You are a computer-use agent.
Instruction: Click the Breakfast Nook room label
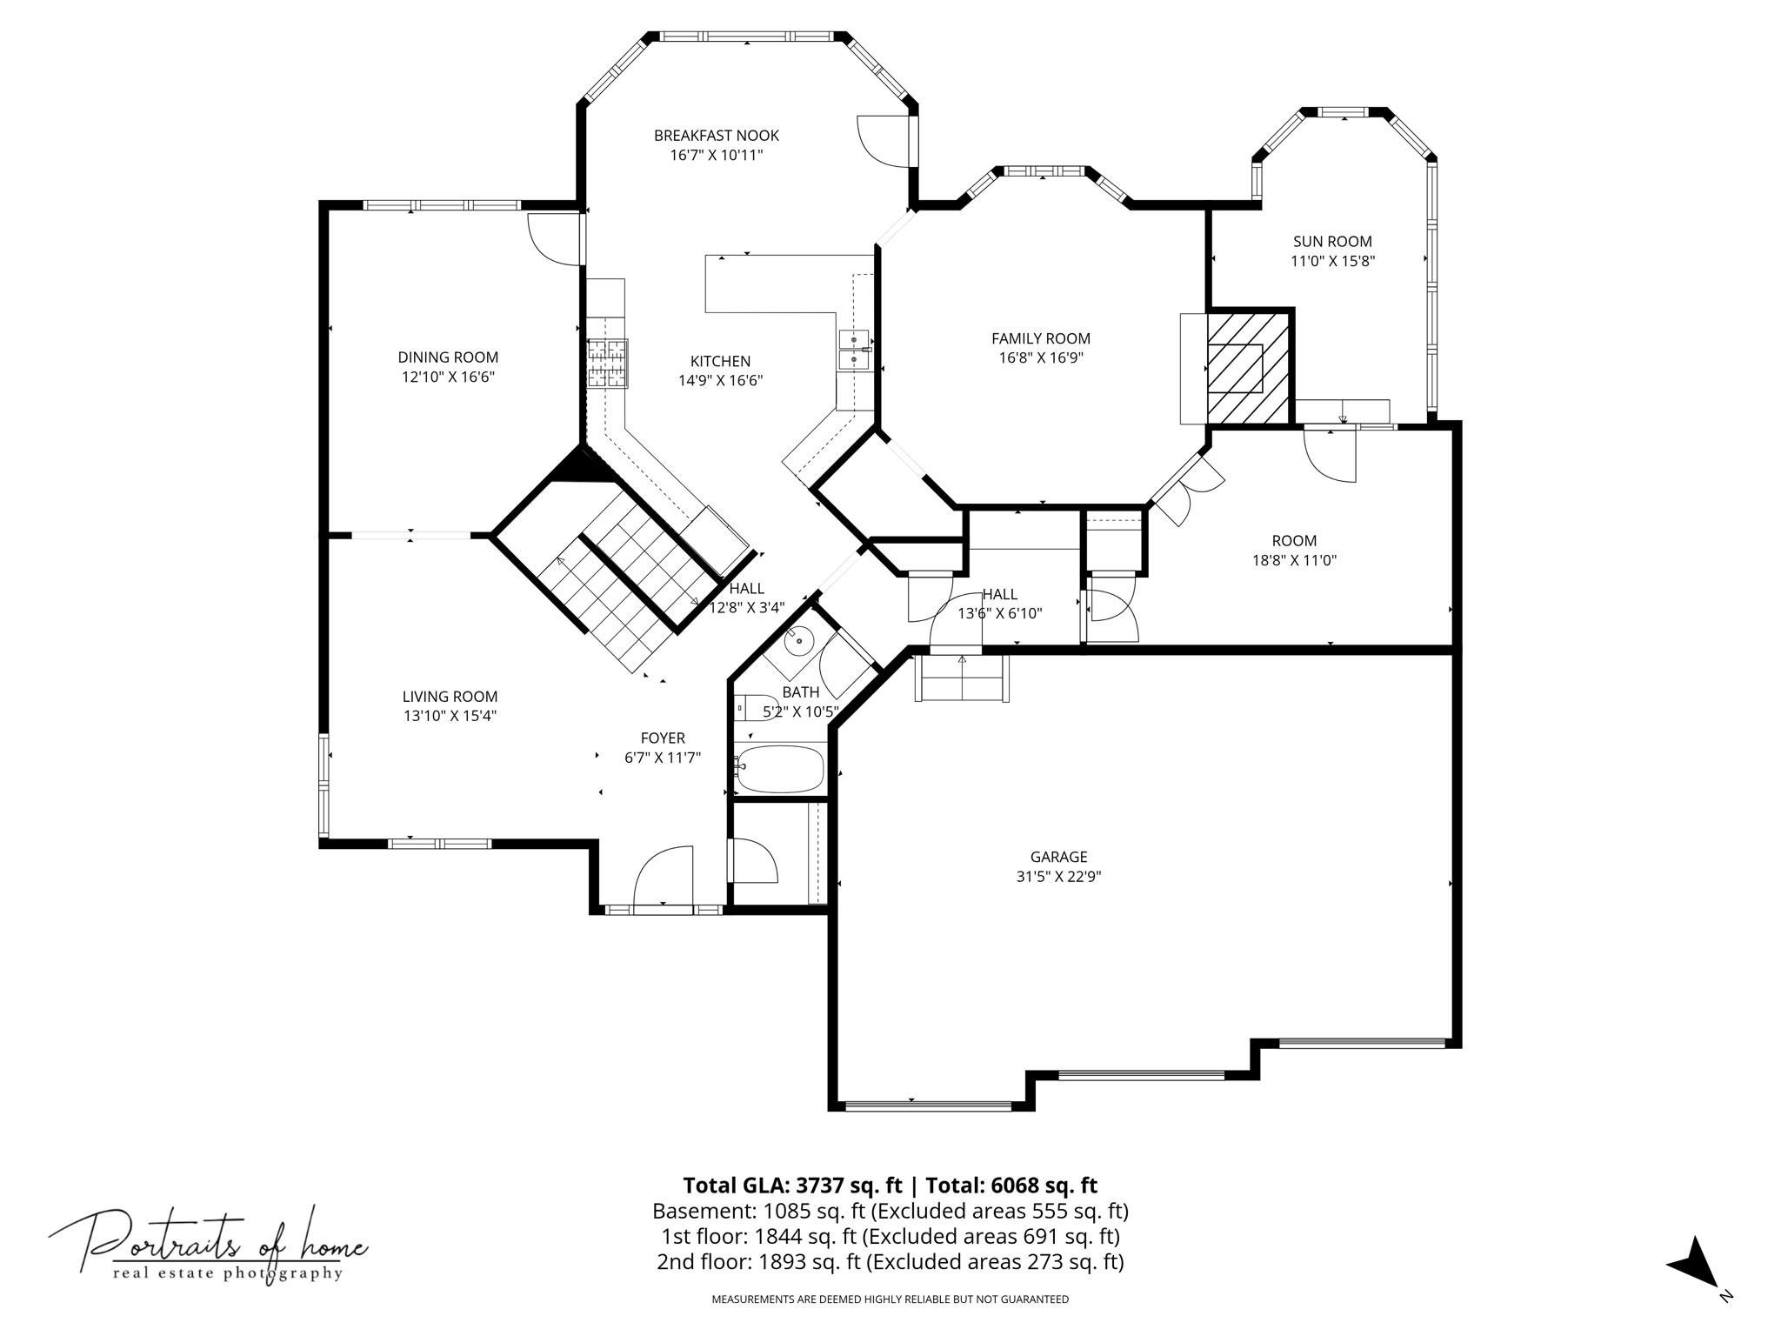(717, 136)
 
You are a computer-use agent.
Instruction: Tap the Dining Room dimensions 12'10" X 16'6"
(448, 377)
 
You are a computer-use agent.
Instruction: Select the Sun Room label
(1332, 242)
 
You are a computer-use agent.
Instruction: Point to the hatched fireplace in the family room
(1248, 368)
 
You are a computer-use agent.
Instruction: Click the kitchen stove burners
(607, 363)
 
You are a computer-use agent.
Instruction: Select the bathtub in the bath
(779, 769)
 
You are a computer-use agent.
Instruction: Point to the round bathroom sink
(798, 642)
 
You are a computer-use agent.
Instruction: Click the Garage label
(1058, 857)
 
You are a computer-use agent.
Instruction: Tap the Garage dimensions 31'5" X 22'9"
(1058, 877)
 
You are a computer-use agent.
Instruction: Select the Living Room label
(450, 697)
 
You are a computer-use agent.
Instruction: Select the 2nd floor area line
(890, 1261)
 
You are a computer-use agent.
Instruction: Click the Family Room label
(1041, 338)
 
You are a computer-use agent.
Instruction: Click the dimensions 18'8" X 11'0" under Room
(1294, 560)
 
